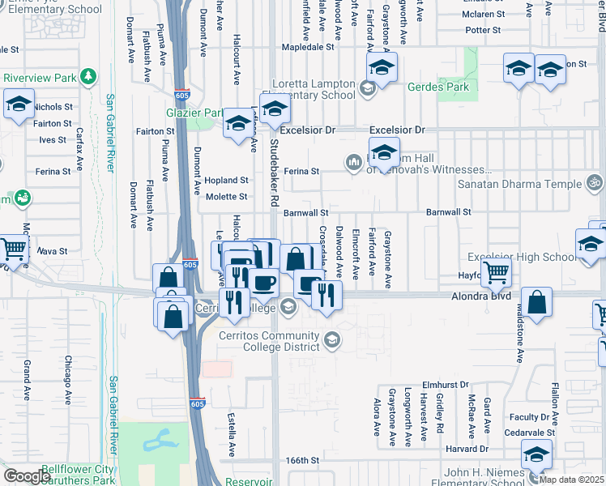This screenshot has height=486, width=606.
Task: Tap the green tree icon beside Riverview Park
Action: pyautogui.click(x=87, y=77)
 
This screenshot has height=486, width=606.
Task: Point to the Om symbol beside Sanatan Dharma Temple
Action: pyautogui.click(x=596, y=181)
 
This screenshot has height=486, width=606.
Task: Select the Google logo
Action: pyautogui.click(x=27, y=475)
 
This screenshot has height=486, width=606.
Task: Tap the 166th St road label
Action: pyautogui.click(x=302, y=460)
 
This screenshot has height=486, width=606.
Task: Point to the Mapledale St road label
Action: pyautogui.click(x=307, y=47)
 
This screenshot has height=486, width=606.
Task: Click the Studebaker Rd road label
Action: pyautogui.click(x=274, y=173)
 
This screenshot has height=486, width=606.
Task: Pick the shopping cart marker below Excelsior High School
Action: pyautogui.click(x=496, y=272)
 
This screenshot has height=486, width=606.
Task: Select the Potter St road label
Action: pyautogui.click(x=484, y=30)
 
